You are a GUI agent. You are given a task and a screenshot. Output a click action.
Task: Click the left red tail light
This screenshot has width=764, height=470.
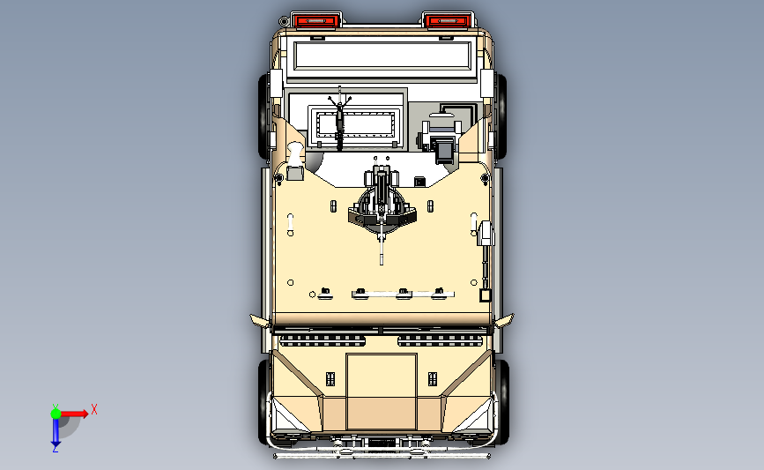tap(315, 21)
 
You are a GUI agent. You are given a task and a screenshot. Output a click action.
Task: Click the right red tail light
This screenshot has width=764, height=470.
tap(448, 21)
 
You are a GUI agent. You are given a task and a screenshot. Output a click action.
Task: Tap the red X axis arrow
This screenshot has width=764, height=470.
tap(74, 414)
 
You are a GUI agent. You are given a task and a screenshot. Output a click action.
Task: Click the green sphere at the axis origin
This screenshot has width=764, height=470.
tap(56, 414)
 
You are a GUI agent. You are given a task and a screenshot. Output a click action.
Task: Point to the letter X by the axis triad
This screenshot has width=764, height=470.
tap(94, 409)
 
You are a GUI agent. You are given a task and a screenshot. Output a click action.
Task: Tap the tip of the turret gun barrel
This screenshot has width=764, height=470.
tap(382, 264)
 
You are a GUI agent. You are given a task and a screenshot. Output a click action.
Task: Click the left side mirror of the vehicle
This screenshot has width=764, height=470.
tap(260, 320)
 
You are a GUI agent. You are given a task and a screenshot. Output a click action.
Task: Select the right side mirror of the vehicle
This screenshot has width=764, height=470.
tap(504, 320)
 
